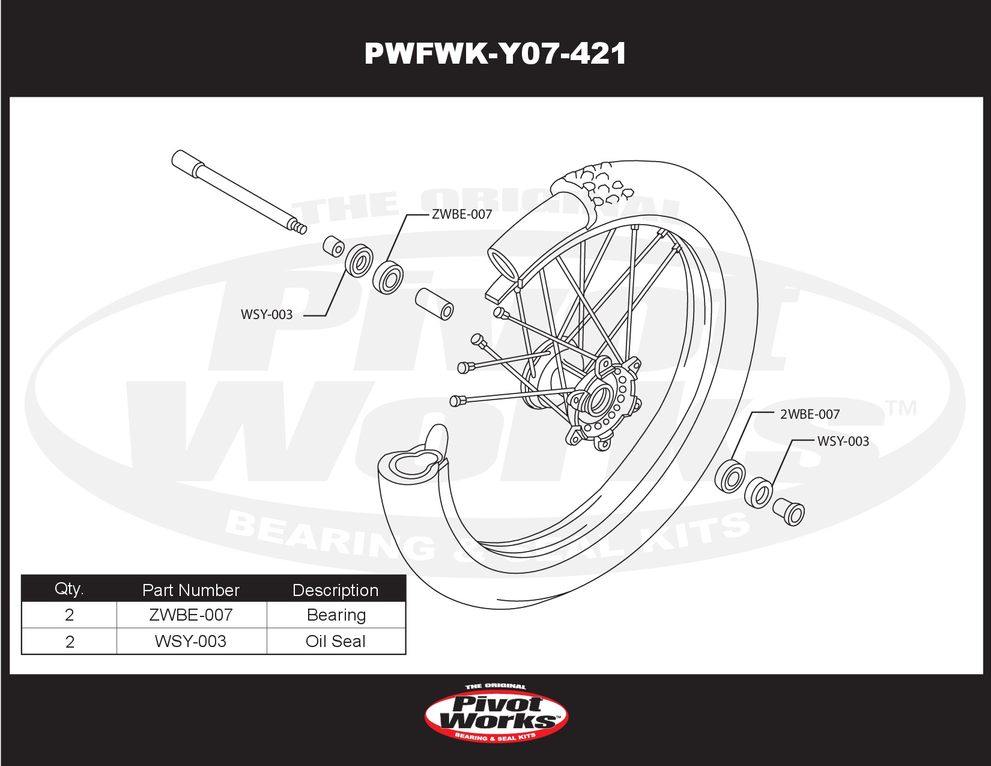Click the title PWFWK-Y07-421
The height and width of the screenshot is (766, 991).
495,54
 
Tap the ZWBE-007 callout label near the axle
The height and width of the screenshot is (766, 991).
461,214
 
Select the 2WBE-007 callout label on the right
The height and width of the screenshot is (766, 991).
809,414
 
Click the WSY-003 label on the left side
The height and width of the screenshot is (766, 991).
266,314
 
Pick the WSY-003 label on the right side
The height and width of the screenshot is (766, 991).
843,441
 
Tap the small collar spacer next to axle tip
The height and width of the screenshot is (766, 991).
333,246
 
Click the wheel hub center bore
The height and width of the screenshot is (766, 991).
601,397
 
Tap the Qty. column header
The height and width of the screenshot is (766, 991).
69,589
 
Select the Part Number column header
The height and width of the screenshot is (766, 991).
191,590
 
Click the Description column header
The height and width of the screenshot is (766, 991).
335,590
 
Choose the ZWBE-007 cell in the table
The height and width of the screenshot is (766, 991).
191,615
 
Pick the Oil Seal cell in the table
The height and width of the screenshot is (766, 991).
335,641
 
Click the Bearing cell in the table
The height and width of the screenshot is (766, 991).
335,615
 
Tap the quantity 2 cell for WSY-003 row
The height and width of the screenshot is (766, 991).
69,641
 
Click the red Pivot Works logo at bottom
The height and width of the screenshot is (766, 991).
496,714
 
